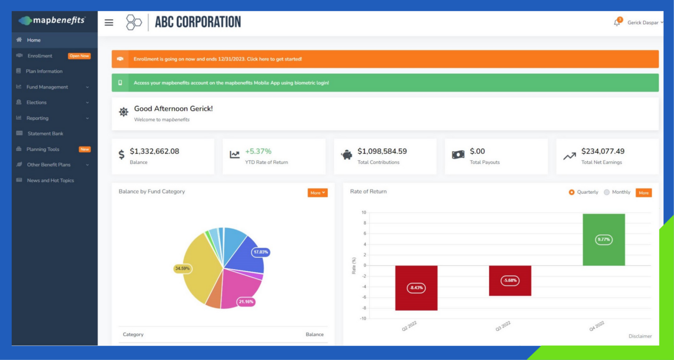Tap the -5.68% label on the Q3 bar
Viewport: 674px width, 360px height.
(510, 281)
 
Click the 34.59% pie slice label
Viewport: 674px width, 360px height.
(183, 268)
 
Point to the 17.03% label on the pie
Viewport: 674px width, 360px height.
(261, 252)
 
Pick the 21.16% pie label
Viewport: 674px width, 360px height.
(246, 302)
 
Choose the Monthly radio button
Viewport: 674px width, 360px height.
(607, 192)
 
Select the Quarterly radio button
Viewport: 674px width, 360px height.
(571, 192)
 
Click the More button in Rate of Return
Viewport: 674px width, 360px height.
(644, 193)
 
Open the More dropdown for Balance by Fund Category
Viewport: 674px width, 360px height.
(318, 193)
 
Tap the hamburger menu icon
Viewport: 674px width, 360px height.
(109, 22)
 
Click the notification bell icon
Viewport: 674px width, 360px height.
(617, 22)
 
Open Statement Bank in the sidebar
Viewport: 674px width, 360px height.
(45, 133)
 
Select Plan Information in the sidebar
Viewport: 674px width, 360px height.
(44, 71)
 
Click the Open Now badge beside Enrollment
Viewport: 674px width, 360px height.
(79, 56)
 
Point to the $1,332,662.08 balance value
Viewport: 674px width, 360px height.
(154, 151)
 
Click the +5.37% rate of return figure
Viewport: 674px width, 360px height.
(258, 151)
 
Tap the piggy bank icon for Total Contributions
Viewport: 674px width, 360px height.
(347, 155)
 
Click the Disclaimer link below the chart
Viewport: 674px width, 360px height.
(640, 336)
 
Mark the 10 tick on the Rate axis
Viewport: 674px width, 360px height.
(364, 213)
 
